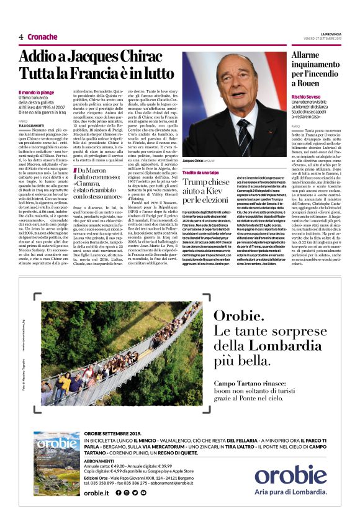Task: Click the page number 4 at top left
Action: click(x=21, y=37)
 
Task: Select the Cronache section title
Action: click(x=42, y=37)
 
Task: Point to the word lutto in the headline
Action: click(x=155, y=74)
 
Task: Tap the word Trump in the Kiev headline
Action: click(x=198, y=182)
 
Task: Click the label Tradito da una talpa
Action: click(x=201, y=172)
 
